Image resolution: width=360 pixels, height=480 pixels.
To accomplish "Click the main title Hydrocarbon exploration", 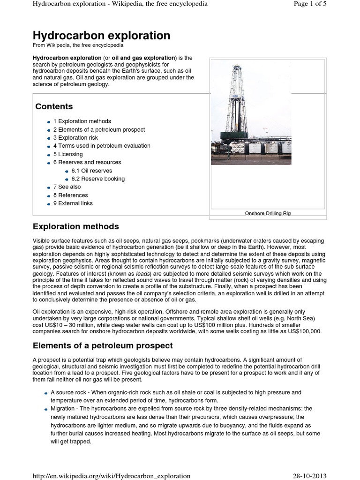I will [101, 36].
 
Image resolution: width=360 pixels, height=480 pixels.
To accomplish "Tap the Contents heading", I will [54, 106].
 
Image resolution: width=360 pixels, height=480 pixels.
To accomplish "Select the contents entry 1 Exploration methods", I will [82, 121].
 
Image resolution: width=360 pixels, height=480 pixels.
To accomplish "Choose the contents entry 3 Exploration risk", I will [75, 138].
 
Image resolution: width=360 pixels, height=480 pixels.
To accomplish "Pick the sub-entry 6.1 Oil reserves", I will [91, 171].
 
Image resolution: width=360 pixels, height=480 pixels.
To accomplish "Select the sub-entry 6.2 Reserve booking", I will [98, 179].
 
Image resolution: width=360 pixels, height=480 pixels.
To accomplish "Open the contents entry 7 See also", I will [67, 187].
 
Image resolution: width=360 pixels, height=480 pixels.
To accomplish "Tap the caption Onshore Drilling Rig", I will [268, 213].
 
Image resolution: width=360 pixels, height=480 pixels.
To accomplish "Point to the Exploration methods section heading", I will [75, 226].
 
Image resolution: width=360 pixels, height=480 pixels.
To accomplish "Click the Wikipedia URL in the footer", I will [112, 475].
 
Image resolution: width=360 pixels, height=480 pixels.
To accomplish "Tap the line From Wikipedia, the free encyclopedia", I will [78, 45].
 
